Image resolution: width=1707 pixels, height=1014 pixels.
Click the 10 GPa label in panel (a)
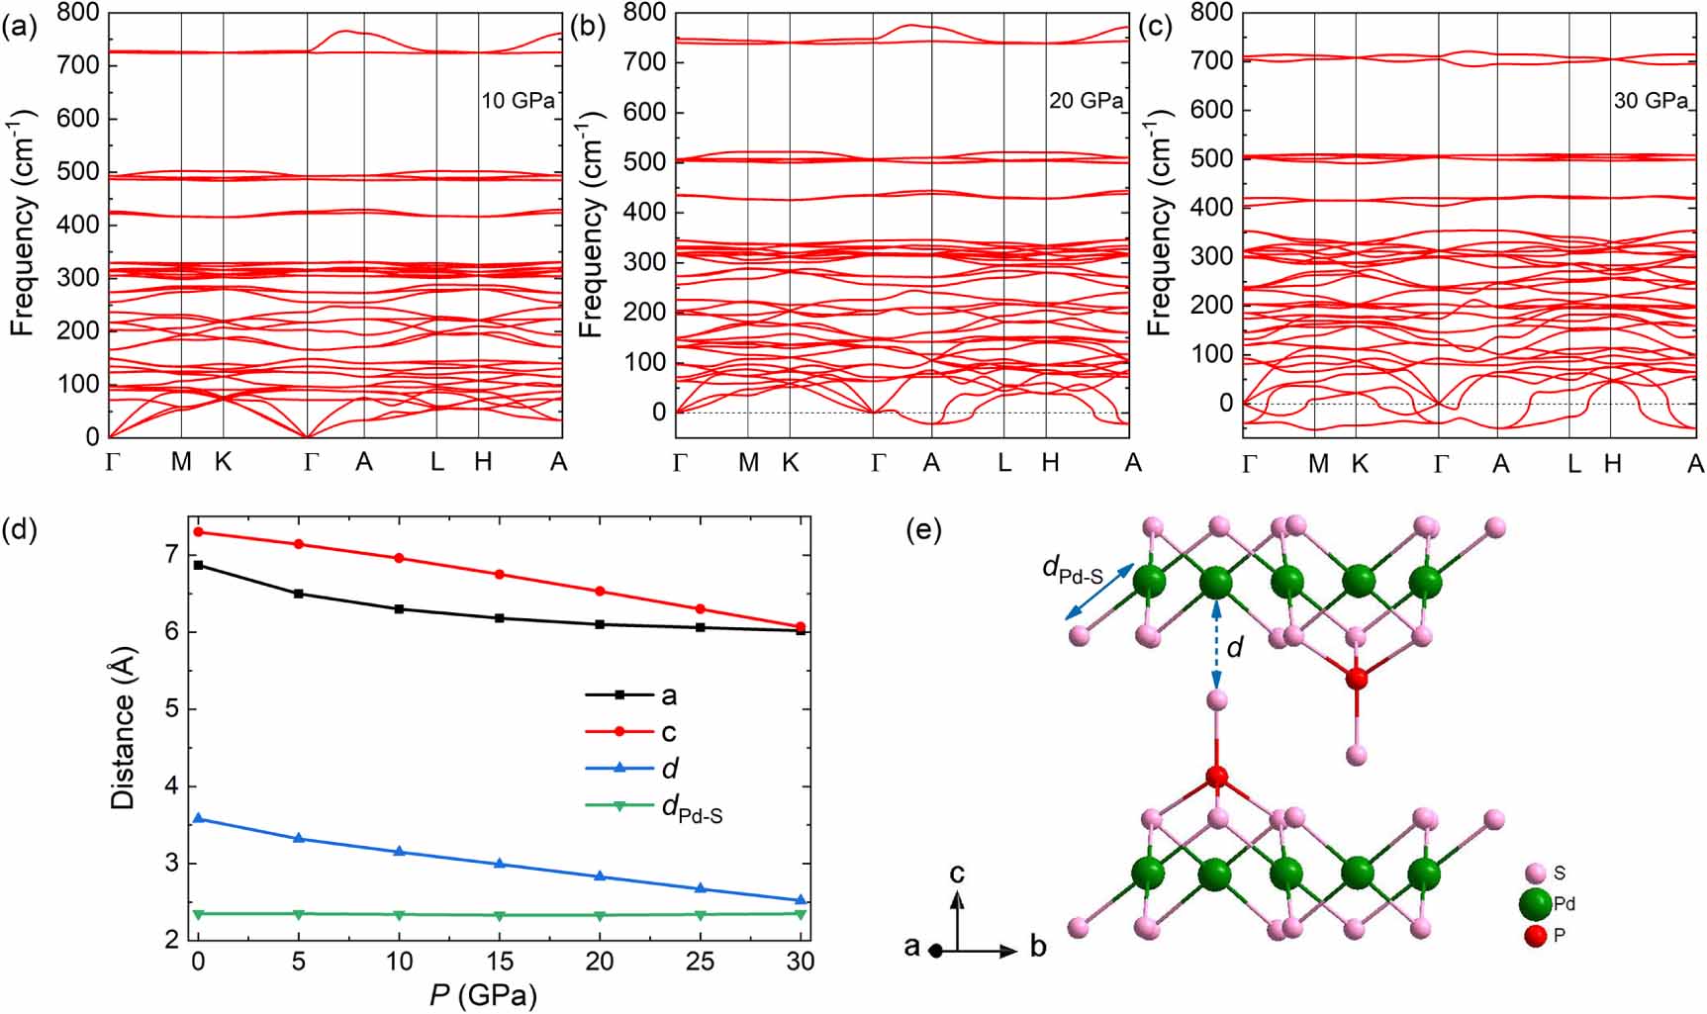(x=518, y=101)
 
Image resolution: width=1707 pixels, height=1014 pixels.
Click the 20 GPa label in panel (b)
(x=1086, y=101)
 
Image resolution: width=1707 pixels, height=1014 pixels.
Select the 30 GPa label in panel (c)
(x=1651, y=101)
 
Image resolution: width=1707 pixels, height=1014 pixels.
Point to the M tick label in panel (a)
(x=181, y=462)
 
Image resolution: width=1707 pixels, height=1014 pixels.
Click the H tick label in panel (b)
(x=1049, y=463)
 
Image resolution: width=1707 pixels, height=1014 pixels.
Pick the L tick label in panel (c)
(x=1573, y=463)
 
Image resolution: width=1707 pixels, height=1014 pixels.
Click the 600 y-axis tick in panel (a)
(x=79, y=119)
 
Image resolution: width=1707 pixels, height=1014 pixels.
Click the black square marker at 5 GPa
(x=299, y=594)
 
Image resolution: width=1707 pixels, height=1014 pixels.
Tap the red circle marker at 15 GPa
(x=500, y=574)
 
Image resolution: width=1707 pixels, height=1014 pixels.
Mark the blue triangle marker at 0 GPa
(x=198, y=818)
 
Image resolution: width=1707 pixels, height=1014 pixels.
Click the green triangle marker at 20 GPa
(x=600, y=916)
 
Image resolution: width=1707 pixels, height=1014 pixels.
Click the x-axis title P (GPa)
(x=483, y=993)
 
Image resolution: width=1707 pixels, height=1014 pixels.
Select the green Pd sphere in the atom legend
(x=1535, y=903)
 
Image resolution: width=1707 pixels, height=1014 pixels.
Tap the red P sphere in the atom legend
(x=1535, y=935)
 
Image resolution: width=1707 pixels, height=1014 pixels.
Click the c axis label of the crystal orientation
(x=957, y=874)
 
